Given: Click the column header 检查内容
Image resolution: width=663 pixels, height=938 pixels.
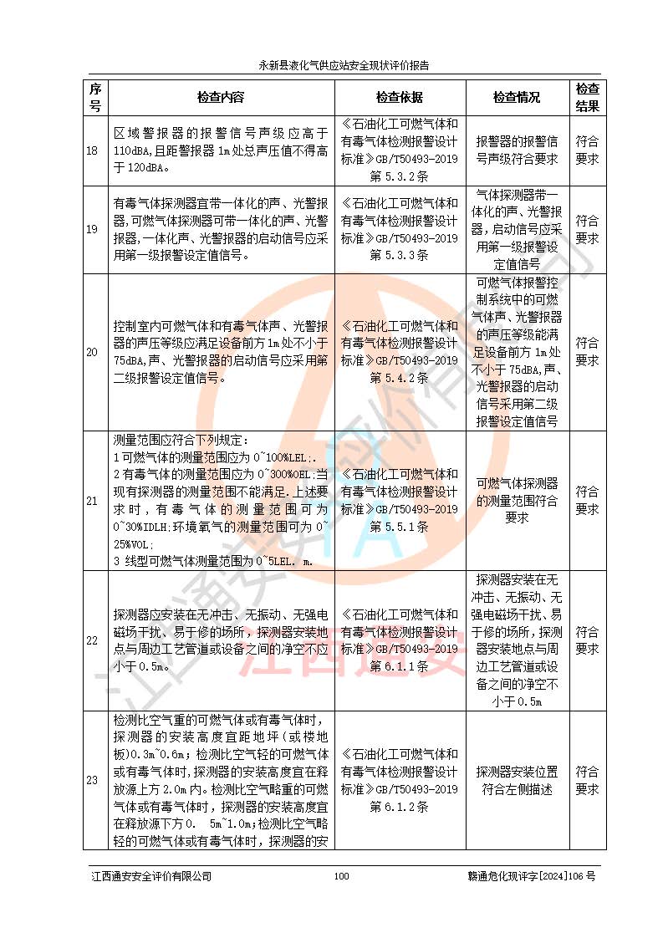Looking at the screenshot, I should (221, 97).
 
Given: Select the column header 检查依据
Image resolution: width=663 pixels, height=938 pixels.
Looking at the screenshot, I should (399, 97).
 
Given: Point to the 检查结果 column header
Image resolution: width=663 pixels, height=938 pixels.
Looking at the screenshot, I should (587, 97).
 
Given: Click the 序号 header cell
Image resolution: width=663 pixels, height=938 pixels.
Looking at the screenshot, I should (94, 97).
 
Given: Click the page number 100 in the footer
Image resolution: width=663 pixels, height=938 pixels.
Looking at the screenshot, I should (340, 876).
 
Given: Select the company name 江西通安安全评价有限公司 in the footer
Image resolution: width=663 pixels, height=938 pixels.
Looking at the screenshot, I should (151, 876).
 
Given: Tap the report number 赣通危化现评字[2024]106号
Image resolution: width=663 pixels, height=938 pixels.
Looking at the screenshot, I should (531, 876).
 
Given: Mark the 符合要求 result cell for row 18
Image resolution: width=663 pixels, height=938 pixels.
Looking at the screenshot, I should (587, 150).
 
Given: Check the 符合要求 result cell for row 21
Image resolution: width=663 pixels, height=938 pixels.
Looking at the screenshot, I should (587, 501).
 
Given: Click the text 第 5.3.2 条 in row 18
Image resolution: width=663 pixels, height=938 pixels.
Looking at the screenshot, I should (399, 177).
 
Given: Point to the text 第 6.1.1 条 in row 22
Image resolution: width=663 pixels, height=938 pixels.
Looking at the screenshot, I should (399, 666).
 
